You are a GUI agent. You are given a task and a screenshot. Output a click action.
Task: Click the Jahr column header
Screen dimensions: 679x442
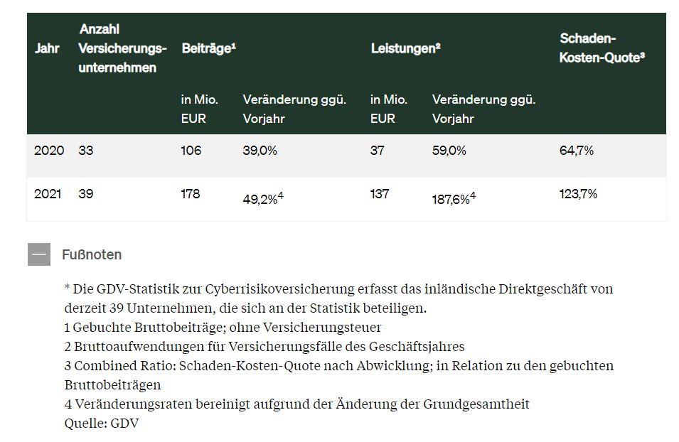[x=47, y=48]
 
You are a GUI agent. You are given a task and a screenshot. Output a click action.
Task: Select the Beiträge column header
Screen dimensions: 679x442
[x=209, y=48]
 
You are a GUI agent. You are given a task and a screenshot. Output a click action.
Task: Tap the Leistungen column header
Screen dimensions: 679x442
[x=406, y=48]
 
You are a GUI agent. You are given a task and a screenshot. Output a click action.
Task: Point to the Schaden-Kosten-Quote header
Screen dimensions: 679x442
[x=602, y=48]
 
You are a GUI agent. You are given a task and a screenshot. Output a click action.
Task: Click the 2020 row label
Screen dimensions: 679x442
[x=49, y=151]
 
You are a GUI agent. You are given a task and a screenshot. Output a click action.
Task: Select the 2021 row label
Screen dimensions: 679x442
[x=48, y=193]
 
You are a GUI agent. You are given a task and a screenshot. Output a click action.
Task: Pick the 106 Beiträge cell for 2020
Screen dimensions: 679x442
[x=191, y=151]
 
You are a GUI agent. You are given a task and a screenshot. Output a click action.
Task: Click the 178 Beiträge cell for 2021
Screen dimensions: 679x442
[x=191, y=193]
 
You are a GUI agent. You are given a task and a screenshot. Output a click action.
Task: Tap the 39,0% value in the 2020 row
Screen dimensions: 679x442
[x=260, y=151]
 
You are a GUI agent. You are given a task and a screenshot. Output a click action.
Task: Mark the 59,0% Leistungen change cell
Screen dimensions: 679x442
[x=449, y=151]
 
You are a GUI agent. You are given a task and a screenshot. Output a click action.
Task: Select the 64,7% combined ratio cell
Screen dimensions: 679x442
[x=577, y=151]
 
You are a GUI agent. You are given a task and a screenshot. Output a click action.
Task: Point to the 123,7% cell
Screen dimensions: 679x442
[x=578, y=193]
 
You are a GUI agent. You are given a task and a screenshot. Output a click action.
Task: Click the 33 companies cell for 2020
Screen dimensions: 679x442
[x=86, y=151]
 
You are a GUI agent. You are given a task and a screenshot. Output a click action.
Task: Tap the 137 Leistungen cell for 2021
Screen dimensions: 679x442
[x=380, y=193]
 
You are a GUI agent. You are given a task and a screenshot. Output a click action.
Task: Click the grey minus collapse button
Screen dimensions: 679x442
[x=39, y=254]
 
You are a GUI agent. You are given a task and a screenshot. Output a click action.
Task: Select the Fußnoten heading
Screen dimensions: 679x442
[x=92, y=254]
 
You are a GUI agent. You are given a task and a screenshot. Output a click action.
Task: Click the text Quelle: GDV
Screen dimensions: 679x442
[x=102, y=423]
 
